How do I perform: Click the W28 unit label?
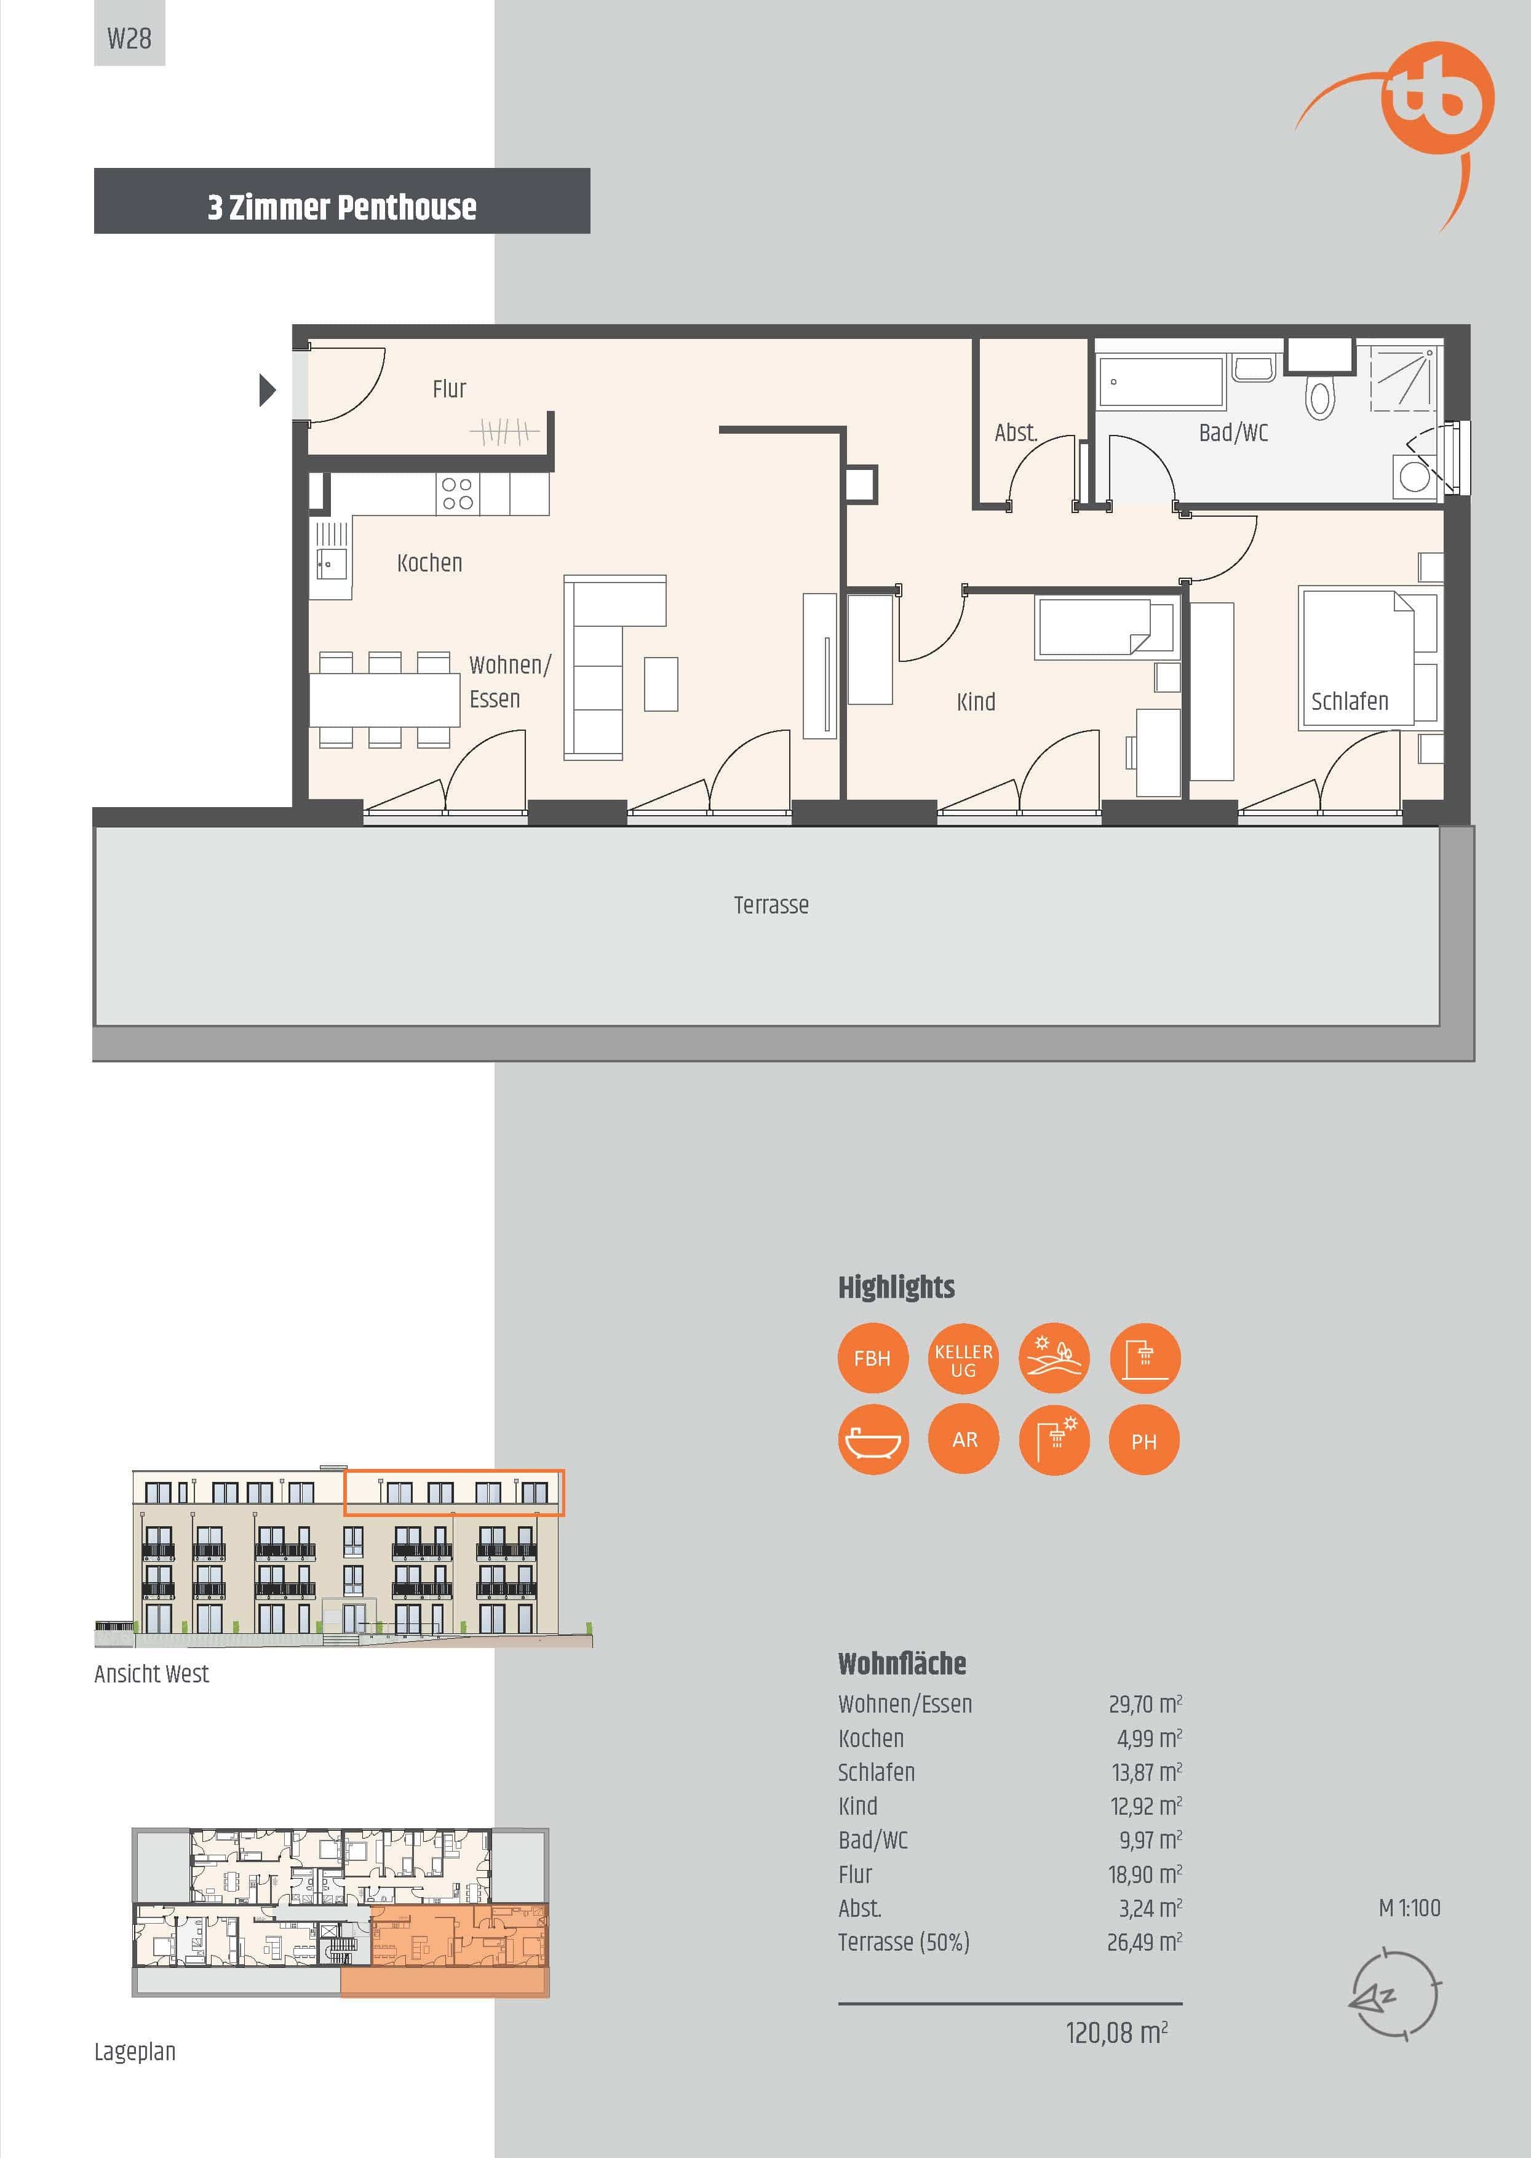coord(129,39)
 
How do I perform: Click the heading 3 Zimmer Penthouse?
coord(342,207)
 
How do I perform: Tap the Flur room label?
coord(450,388)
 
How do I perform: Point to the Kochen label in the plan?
coord(430,563)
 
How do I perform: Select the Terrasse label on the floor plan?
coord(771,905)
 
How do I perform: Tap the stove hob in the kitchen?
coord(457,493)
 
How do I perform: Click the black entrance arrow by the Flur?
coord(268,389)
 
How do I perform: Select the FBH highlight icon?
coord(872,1358)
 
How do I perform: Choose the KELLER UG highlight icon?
coord(963,1358)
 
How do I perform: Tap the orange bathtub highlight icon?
coord(873,1439)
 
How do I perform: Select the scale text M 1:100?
coord(1409,1908)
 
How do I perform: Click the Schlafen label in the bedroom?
coord(1350,701)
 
